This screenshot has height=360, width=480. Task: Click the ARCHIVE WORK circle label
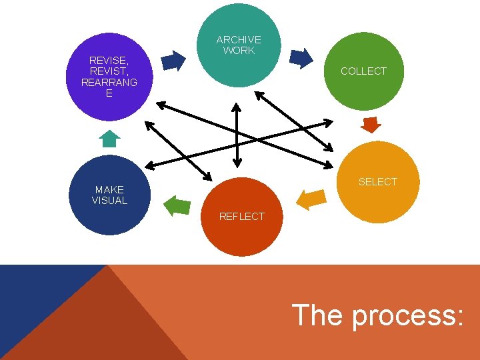[x=239, y=45]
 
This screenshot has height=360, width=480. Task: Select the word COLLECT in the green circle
[x=363, y=71]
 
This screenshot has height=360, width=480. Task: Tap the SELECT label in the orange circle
[x=377, y=181]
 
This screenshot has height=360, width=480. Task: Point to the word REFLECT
[x=241, y=216]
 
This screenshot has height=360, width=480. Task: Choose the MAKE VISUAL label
[x=109, y=195]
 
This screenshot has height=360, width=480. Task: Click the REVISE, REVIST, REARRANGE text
[x=109, y=77]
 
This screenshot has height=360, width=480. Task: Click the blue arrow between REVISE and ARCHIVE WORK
[x=174, y=61]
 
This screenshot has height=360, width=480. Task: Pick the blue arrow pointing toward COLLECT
[x=301, y=59]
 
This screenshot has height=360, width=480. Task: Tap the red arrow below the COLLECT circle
[x=370, y=124]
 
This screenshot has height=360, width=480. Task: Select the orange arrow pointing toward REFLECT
[x=311, y=199]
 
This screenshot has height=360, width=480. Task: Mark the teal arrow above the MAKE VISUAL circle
[x=109, y=138]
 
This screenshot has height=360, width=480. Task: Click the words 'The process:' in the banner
[x=377, y=315]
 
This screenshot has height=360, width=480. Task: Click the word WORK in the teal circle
[x=239, y=51]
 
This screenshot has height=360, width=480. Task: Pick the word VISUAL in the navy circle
[x=109, y=200]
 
